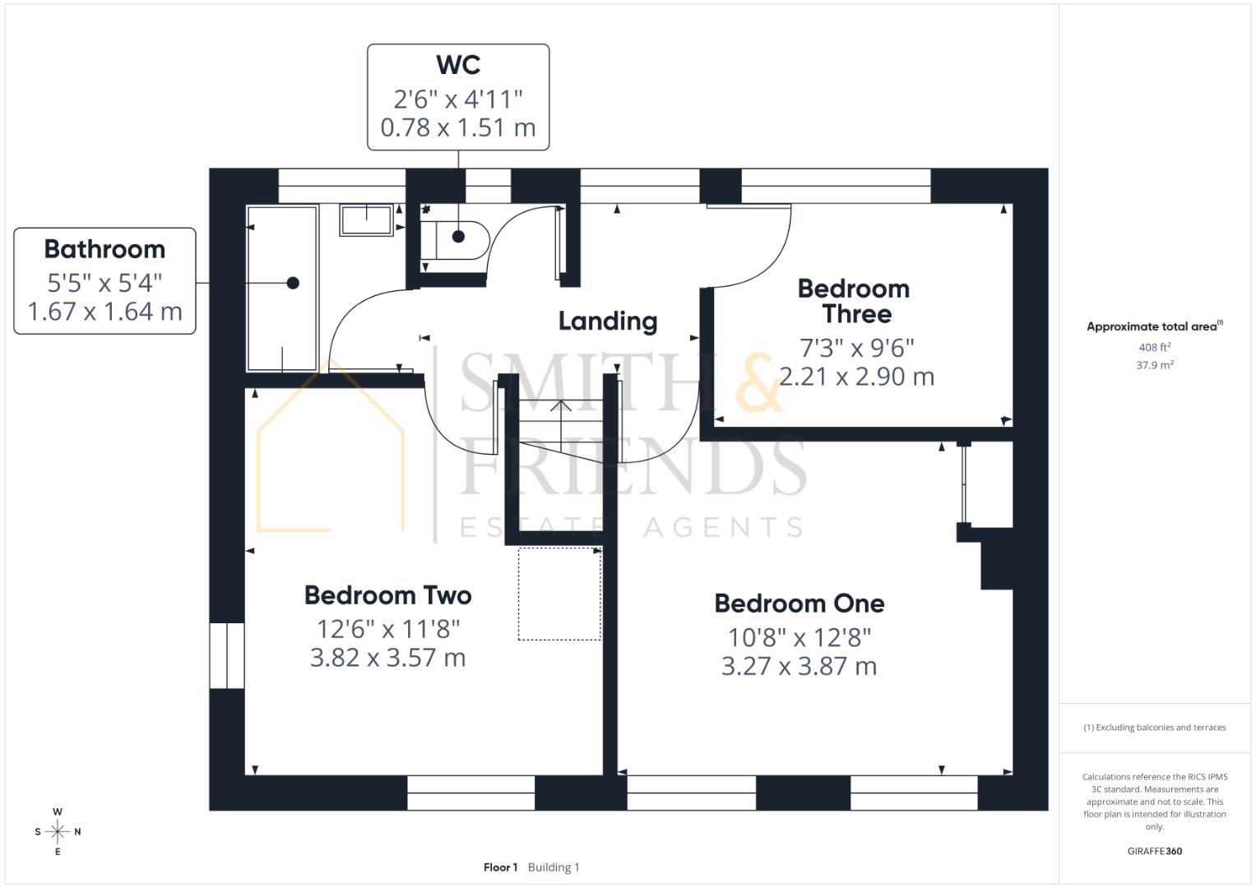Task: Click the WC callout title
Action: click(458, 65)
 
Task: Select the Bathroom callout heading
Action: click(104, 249)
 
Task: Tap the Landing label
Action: click(608, 321)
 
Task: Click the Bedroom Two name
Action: click(387, 595)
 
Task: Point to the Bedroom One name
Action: click(799, 604)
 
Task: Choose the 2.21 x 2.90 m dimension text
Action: click(856, 377)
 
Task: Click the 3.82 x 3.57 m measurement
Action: click(387, 658)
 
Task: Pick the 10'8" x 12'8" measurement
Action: click(799, 637)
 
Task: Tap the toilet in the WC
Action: click(454, 239)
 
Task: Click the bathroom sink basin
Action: click(367, 220)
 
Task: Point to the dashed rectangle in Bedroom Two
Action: click(559, 594)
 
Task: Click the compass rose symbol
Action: click(58, 831)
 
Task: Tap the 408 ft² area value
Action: click(1154, 348)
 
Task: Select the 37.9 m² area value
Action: click(1154, 365)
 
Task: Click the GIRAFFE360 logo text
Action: click(1154, 851)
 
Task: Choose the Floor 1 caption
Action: click(500, 867)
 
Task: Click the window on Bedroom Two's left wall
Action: click(227, 655)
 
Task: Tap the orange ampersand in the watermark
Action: click(758, 383)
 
